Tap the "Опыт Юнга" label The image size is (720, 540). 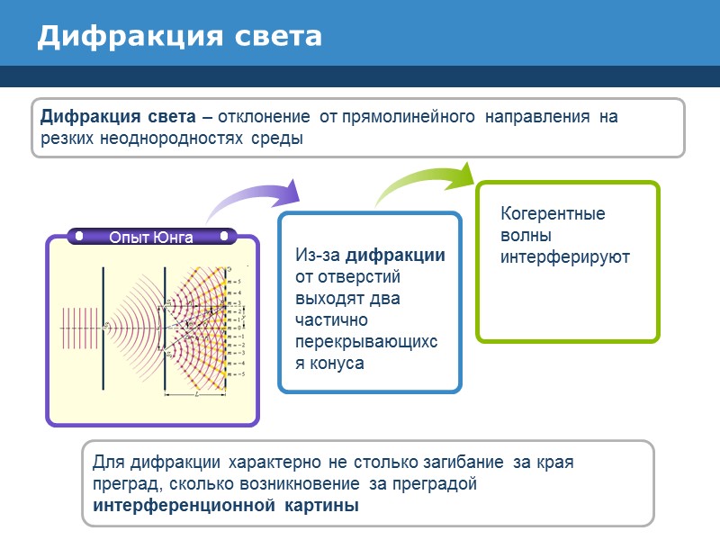click(151, 238)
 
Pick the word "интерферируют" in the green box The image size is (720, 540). click(565, 256)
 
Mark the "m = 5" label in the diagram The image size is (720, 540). click(235, 282)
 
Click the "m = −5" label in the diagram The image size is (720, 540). click(236, 373)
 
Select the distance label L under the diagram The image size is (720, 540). click(195, 395)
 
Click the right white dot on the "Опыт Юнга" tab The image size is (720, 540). click(220, 237)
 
